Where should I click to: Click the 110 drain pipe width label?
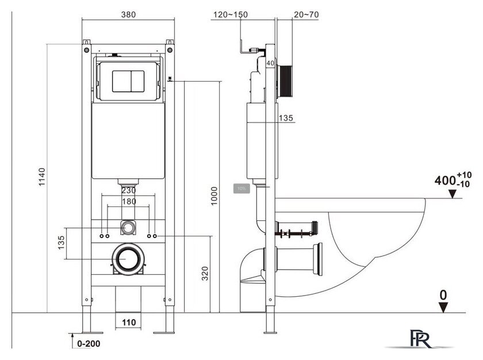coord(129,323)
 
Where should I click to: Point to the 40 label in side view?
coord(270,63)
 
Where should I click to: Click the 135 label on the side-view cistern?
coord(286,118)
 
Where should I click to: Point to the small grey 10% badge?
coord(240,188)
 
